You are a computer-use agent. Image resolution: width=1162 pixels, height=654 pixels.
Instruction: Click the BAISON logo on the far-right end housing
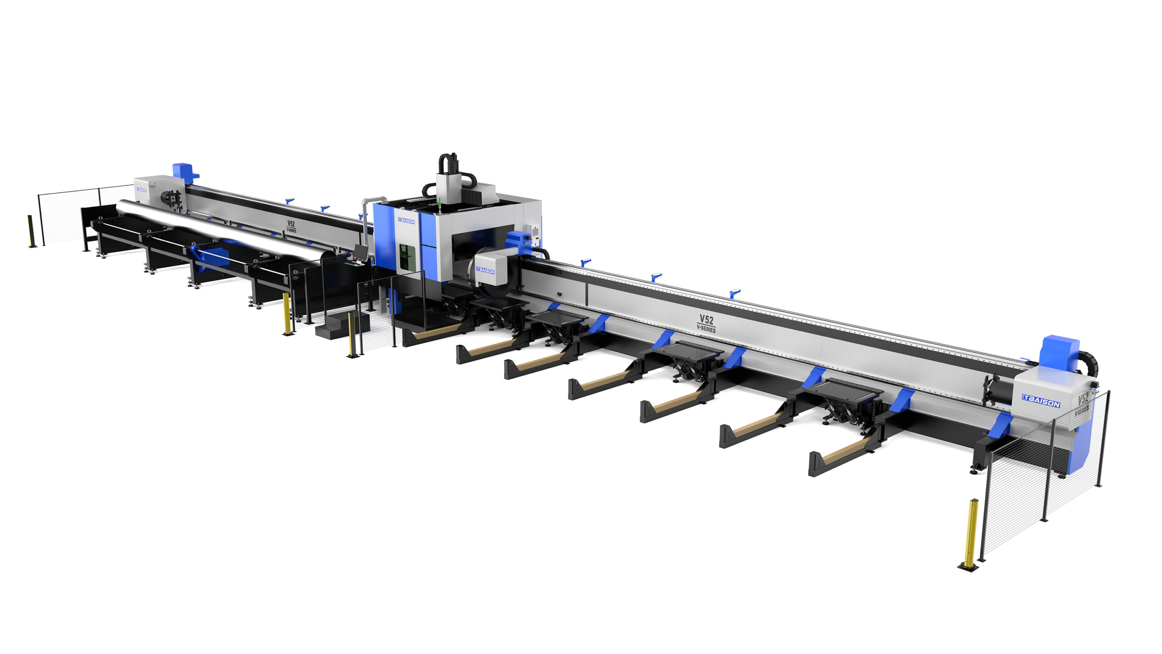pos(1041,401)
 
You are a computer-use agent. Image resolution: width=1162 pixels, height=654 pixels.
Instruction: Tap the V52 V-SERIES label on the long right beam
pos(706,323)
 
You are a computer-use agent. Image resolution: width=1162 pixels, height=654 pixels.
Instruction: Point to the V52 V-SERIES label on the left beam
pos(291,226)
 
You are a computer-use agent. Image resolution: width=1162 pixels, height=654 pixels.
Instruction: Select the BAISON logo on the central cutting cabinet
pos(406,221)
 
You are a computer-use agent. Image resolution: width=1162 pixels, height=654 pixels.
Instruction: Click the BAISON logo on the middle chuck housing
pos(485,271)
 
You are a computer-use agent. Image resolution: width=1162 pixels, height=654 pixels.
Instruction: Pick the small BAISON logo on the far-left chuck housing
pos(141,189)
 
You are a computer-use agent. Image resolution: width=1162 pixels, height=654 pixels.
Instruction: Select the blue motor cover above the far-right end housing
pos(1059,352)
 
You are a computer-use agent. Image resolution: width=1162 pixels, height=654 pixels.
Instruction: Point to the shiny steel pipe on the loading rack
pos(218,229)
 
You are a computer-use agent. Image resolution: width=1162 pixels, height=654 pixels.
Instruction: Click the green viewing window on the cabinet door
pos(407,257)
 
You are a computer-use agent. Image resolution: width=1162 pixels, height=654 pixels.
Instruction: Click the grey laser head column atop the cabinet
pos(449,188)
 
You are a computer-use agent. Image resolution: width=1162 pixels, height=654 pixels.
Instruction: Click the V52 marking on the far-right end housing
pos(1083,400)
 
